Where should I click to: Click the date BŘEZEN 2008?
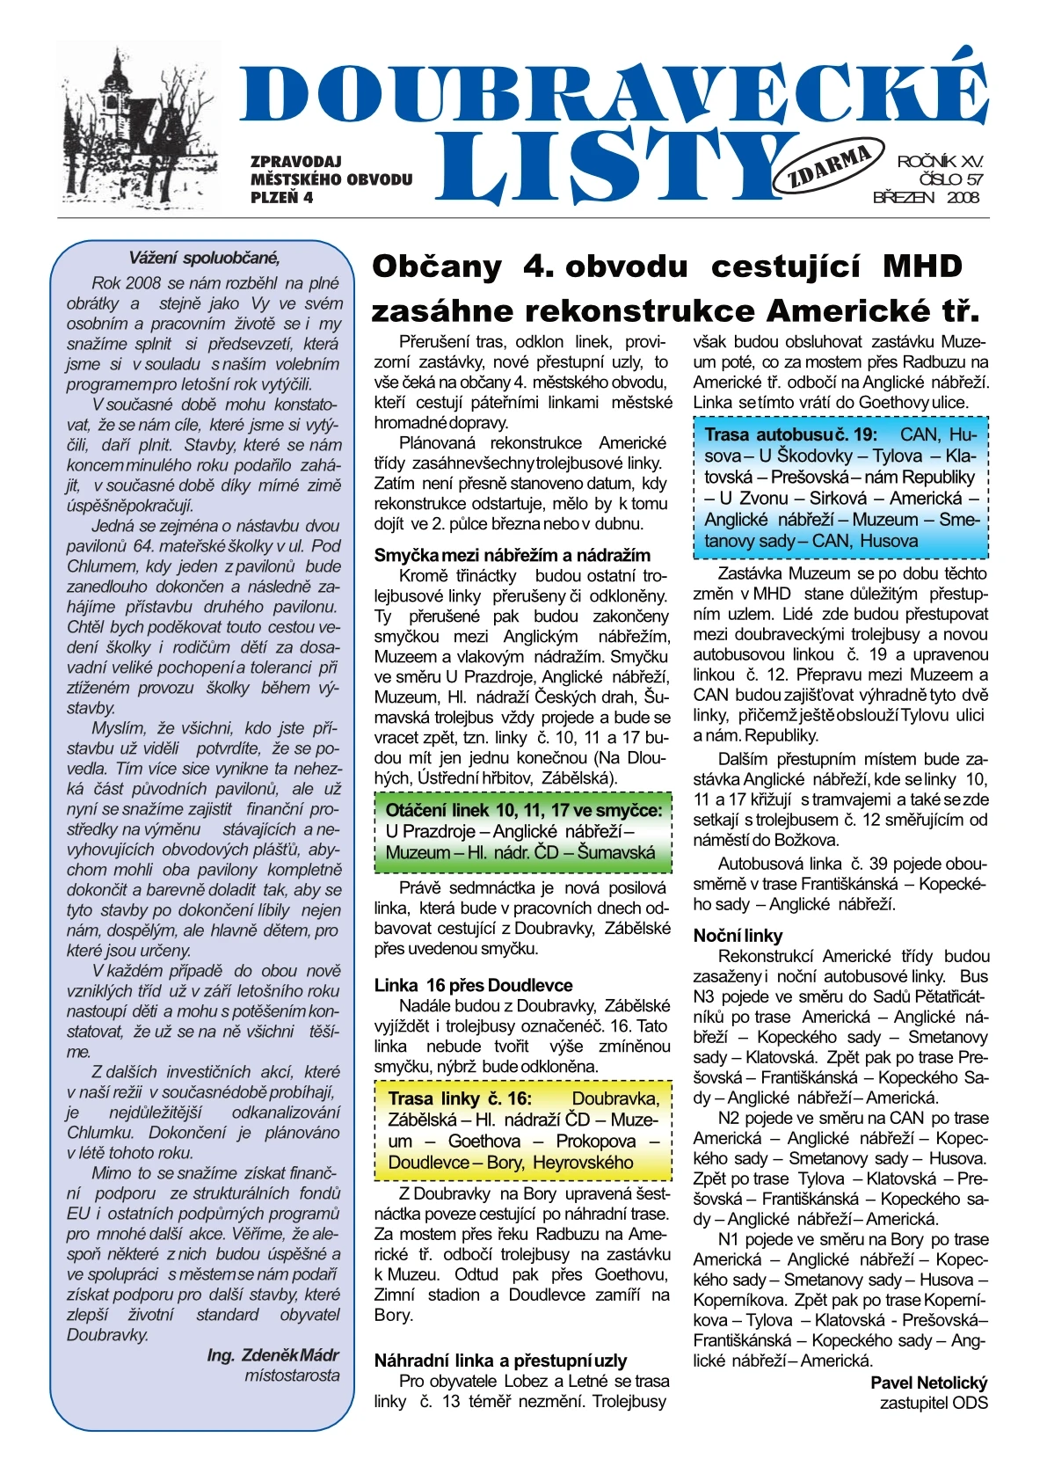point(926,198)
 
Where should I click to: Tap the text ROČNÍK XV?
point(940,162)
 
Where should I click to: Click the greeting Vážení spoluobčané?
point(204,259)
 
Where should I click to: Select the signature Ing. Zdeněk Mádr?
point(273,1355)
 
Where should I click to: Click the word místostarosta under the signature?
point(292,1375)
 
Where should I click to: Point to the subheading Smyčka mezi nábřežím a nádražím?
point(513,556)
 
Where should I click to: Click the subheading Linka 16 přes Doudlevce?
point(473,985)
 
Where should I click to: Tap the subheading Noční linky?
point(738,936)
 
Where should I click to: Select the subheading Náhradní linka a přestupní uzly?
point(500,1361)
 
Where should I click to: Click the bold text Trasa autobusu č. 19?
point(790,434)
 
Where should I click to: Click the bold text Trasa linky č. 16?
point(460,1098)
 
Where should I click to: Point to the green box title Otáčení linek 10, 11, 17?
point(523,810)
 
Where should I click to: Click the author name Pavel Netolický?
point(928,1383)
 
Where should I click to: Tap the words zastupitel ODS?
point(934,1403)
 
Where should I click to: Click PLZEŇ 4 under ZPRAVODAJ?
point(281,198)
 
